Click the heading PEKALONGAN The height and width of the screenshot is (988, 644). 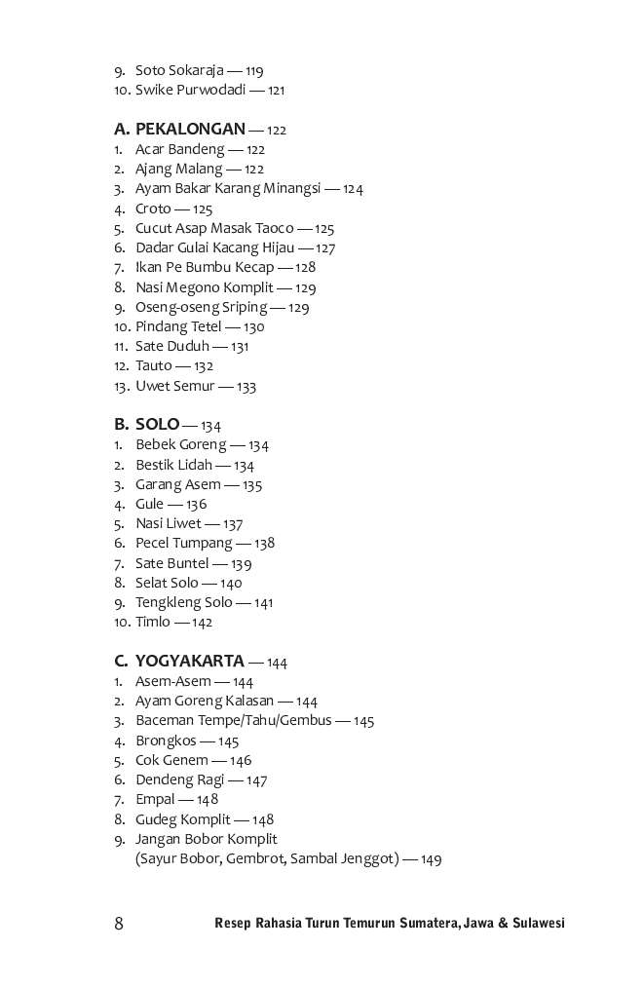190,129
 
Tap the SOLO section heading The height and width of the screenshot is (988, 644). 157,424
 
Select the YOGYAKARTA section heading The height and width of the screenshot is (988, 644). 189,662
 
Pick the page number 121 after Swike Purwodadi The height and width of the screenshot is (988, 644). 276,91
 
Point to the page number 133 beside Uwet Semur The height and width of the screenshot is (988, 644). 246,387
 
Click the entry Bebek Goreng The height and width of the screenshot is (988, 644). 180,445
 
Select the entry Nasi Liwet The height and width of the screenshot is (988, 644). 168,523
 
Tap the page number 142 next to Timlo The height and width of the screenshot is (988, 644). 202,623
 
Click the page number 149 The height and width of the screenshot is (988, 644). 432,859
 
